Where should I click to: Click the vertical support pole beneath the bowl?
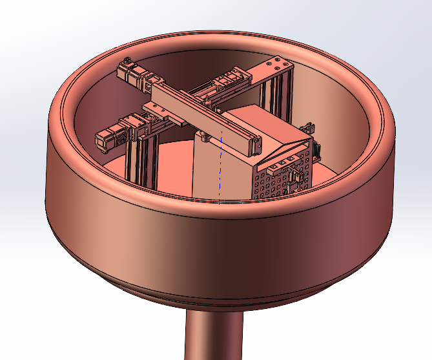click(x=214, y=336)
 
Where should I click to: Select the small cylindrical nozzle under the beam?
click(x=204, y=136)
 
